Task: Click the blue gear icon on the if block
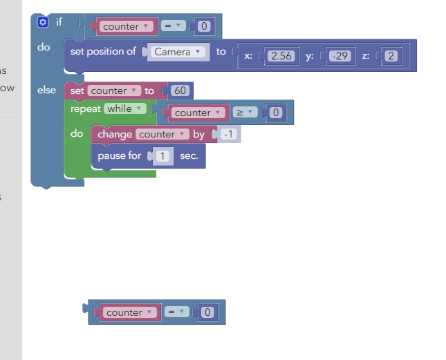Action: pos(43,22)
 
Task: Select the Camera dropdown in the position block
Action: pos(178,52)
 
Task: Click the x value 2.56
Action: pos(281,56)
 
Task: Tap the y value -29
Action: pos(340,56)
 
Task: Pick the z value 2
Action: pos(391,56)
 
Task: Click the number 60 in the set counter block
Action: pos(180,91)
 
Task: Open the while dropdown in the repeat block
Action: pos(125,108)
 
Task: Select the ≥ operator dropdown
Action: pos(245,112)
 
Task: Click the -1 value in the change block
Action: pos(229,134)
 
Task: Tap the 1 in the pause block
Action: pos(162,155)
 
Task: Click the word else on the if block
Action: pos(46,90)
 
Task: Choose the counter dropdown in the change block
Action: pos(162,134)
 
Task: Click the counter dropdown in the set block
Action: pos(114,91)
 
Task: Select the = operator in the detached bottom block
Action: pos(176,312)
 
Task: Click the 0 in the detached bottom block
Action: pos(207,312)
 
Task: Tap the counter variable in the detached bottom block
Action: pos(130,312)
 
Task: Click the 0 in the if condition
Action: pos(204,26)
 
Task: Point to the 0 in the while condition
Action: pos(276,113)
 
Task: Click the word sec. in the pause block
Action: pos(189,155)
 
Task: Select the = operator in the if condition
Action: pos(174,26)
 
